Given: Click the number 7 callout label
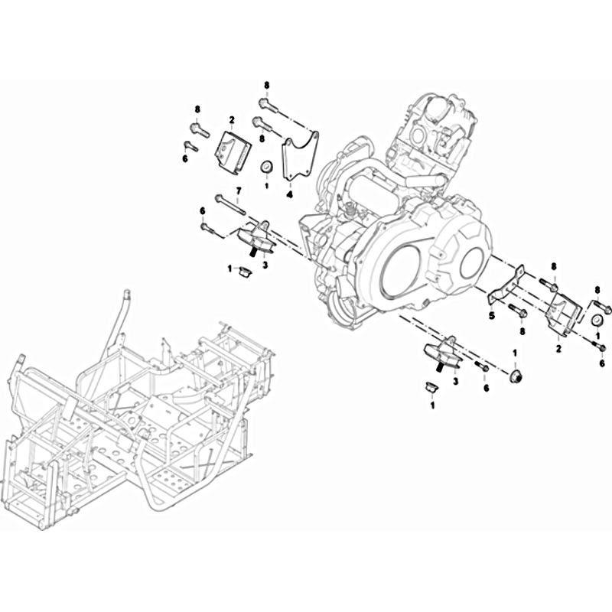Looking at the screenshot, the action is click(x=239, y=190).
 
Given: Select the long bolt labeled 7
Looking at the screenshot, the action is click(x=230, y=205).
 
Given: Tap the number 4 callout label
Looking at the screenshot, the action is click(x=289, y=194).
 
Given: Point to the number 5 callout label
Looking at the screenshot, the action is click(x=492, y=315).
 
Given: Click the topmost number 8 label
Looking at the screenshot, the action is click(x=266, y=85).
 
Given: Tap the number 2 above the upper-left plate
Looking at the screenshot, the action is click(x=232, y=119).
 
